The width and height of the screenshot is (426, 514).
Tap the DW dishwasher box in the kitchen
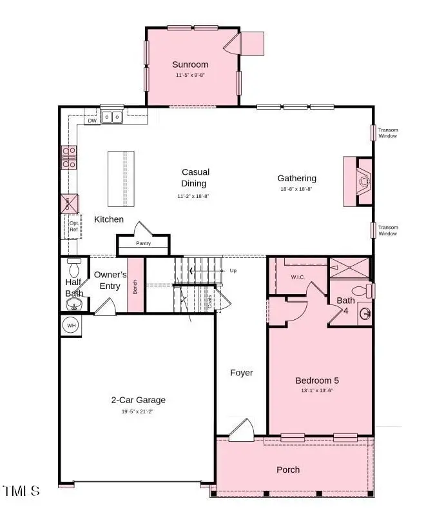[x=92, y=120]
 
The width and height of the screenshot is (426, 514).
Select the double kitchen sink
[x=113, y=117]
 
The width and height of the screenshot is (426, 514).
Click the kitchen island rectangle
[x=122, y=179]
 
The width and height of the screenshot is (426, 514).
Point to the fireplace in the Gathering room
[x=362, y=181]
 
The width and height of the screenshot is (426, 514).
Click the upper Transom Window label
[x=388, y=133]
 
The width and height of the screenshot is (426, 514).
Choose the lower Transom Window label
[x=388, y=230]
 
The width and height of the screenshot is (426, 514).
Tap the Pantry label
[x=143, y=244]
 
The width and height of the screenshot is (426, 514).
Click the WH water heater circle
[x=71, y=326]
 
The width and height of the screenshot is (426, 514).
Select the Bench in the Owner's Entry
[x=135, y=286]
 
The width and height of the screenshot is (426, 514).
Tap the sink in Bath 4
[x=365, y=314]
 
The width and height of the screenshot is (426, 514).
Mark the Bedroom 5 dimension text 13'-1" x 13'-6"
[x=316, y=390]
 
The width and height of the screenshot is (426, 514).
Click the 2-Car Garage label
[x=138, y=400]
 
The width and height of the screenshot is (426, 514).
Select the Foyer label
[x=242, y=373]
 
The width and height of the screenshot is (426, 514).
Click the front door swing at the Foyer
[x=242, y=430]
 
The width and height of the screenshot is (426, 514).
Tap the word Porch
[x=288, y=470]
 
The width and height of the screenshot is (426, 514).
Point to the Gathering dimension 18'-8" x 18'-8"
[x=296, y=189]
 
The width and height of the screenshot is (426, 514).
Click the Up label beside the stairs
[x=233, y=270]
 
